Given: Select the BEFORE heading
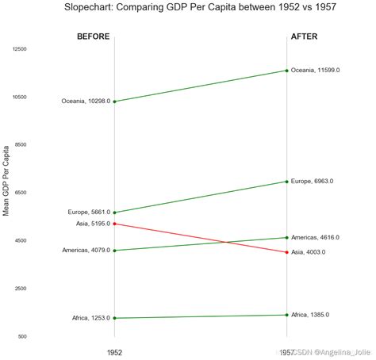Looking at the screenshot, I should (93, 36).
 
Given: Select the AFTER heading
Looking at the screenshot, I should (305, 36).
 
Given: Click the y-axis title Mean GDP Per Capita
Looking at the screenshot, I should (7, 181).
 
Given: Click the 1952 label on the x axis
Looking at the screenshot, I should (114, 351).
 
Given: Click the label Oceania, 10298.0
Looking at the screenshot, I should (86, 101).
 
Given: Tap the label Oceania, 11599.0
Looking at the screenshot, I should (315, 71).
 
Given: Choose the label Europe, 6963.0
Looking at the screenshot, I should (313, 182).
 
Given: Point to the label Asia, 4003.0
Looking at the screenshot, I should (309, 252).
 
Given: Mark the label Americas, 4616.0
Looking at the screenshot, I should (316, 237).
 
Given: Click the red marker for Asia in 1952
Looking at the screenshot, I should (114, 224).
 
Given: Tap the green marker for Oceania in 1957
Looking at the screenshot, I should (286, 71).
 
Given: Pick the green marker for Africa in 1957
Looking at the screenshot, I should (286, 315).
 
